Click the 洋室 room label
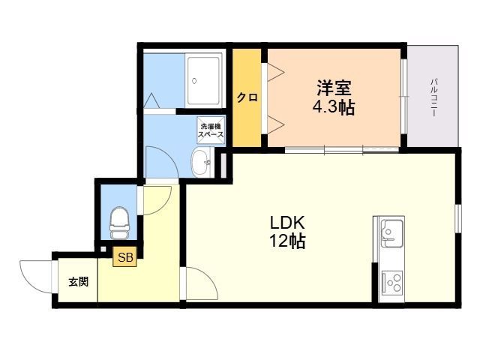click(x=334, y=87)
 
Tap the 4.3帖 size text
click(x=333, y=107)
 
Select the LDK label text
click(x=287, y=223)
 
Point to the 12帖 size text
click(x=287, y=241)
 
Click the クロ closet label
click(x=247, y=97)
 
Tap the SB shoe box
click(x=125, y=256)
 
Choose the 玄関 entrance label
click(x=78, y=282)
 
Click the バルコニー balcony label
click(x=433, y=97)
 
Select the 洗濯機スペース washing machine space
click(x=211, y=130)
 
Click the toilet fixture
click(x=119, y=223)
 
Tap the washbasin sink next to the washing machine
click(x=202, y=162)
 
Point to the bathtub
click(x=203, y=80)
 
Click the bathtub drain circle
click(x=194, y=81)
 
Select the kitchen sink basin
click(x=391, y=234)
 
